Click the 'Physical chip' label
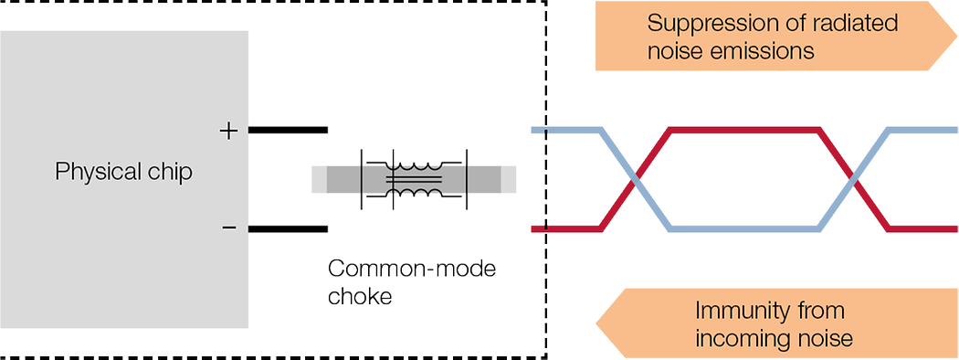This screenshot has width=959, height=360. (124, 172)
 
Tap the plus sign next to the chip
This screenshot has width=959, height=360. (228, 131)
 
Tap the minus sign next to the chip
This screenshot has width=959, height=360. (228, 228)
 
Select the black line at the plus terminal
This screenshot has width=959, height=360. (288, 131)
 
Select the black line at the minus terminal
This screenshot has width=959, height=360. (288, 228)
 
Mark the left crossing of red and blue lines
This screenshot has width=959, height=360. (635, 180)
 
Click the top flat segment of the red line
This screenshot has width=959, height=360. (743, 132)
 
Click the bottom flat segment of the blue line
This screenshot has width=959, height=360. (743, 228)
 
